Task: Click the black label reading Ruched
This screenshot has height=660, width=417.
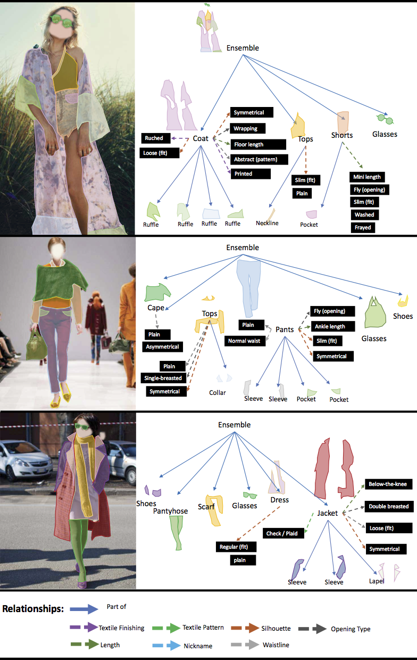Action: pyautogui.click(x=156, y=138)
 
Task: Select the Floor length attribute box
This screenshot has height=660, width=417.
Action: pyautogui.click(x=258, y=144)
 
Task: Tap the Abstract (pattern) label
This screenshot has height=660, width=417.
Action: pyautogui.click(x=260, y=159)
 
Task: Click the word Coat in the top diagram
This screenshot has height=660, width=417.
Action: pyautogui.click(x=201, y=138)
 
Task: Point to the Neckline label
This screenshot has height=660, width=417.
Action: pyautogui.click(x=267, y=223)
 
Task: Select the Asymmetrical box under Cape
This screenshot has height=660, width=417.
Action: pyautogui.click(x=163, y=346)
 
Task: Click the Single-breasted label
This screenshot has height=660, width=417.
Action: pyautogui.click(x=163, y=378)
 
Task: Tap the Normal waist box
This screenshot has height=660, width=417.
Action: pyautogui.click(x=245, y=341)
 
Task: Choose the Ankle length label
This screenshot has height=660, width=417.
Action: pyautogui.click(x=329, y=326)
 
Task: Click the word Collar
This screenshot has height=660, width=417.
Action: pyautogui.click(x=217, y=393)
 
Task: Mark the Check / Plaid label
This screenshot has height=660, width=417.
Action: pyautogui.click(x=281, y=533)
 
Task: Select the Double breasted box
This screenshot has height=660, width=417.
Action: pyautogui.click(x=388, y=506)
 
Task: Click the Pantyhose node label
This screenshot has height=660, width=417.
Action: pyautogui.click(x=170, y=511)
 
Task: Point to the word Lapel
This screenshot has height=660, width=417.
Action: pyautogui.click(x=377, y=581)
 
